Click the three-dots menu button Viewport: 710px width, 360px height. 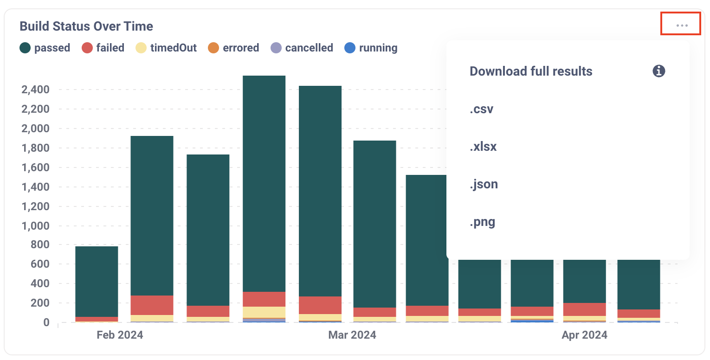tap(681, 25)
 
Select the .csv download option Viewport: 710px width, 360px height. tap(481, 109)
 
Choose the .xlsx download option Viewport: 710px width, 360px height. tap(483, 147)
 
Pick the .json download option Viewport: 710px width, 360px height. tap(484, 184)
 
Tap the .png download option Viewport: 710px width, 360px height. tap(482, 222)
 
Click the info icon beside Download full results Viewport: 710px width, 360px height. tap(658, 71)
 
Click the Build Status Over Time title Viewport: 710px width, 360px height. tap(86, 26)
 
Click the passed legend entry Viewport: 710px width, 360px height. tap(45, 48)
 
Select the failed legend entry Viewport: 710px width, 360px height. tap(103, 48)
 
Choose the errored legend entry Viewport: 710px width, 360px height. tap(233, 48)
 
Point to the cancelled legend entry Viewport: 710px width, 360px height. tap(302, 48)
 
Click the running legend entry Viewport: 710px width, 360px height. tap(371, 48)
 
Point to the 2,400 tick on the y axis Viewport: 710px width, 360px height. tap(36, 90)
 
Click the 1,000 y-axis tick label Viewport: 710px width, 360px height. tap(36, 226)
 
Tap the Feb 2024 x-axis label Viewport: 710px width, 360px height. tap(120, 335)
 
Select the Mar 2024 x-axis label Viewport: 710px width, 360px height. tap(352, 335)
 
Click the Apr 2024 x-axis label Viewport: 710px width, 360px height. tap(584, 335)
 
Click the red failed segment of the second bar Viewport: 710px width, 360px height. tap(152, 305)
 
